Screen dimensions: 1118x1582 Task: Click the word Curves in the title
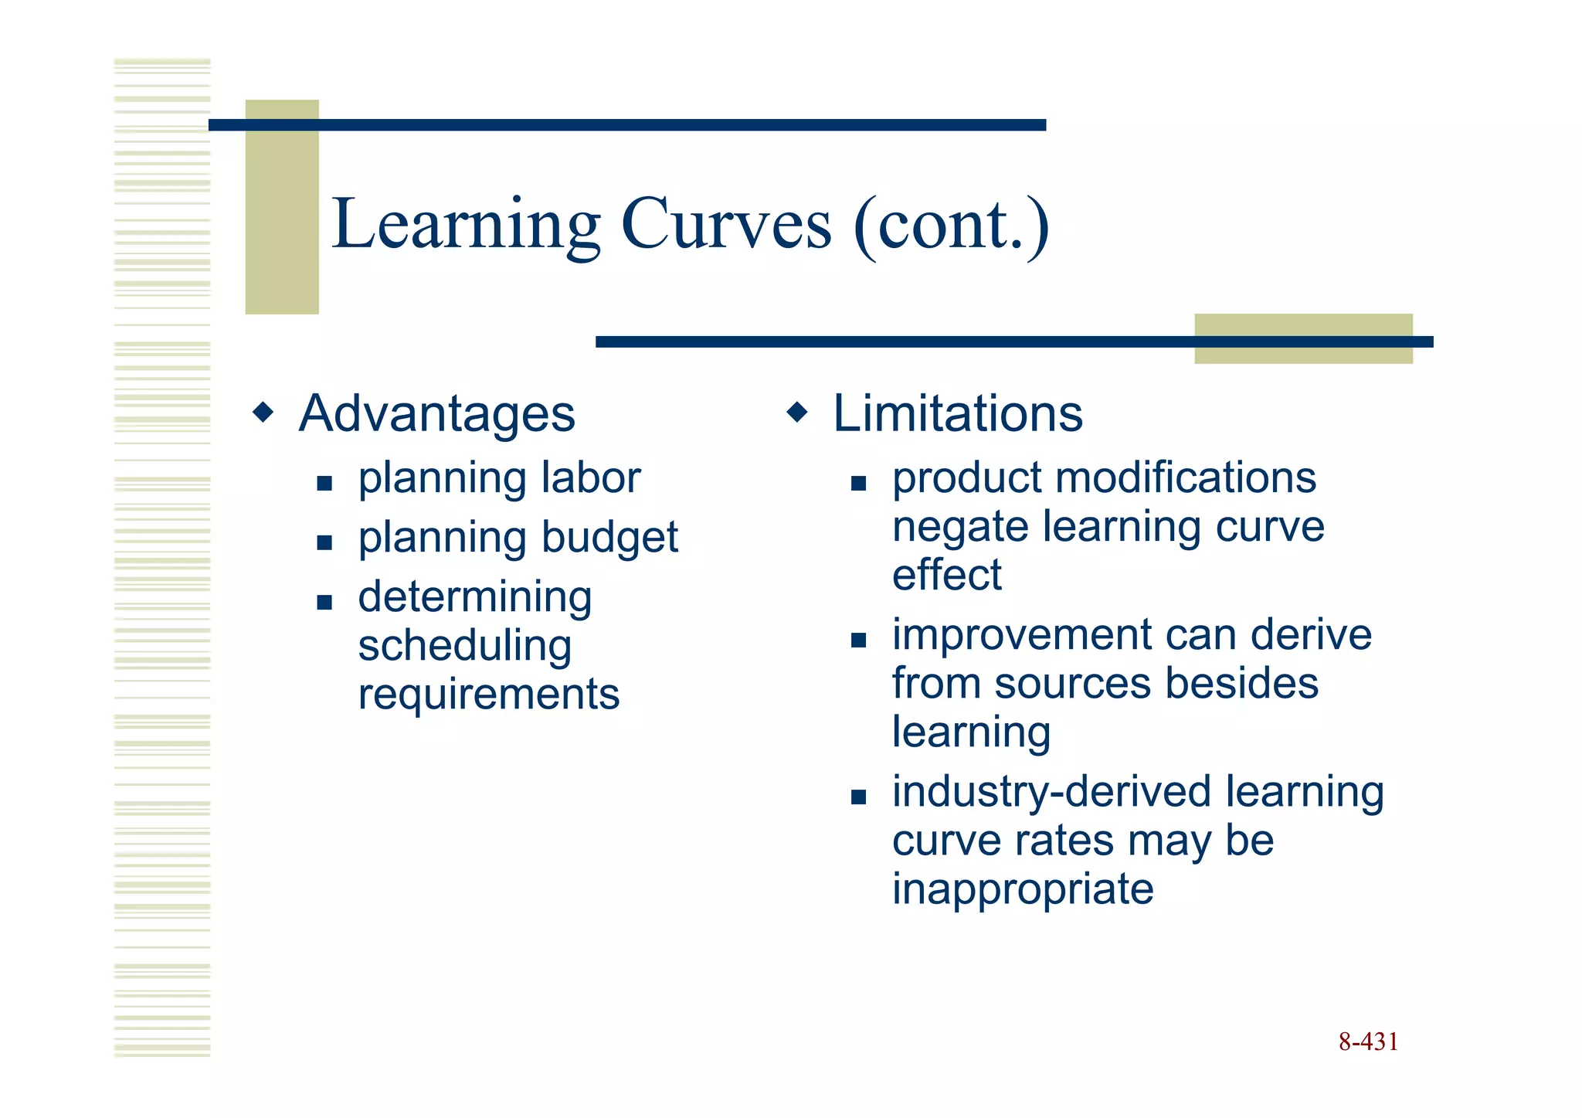[x=726, y=225]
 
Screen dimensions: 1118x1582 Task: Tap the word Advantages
[x=436, y=414]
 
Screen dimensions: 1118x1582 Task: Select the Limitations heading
[x=957, y=413]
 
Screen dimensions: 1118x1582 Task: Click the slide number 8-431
[x=1368, y=1042]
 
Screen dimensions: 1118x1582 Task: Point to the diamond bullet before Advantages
[x=263, y=412]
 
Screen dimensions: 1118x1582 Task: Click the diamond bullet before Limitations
[x=797, y=412]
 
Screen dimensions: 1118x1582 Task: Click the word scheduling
[x=464, y=647]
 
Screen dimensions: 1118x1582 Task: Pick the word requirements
[x=488, y=695]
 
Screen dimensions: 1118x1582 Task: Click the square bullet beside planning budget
[x=324, y=542]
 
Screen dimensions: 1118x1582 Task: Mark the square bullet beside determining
[x=324, y=602]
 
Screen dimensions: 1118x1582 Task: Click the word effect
[x=946, y=575]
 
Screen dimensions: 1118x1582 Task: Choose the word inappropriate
[x=1022, y=889]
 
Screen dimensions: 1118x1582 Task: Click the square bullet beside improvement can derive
[x=858, y=640]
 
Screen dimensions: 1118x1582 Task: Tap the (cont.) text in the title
[x=952, y=225]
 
